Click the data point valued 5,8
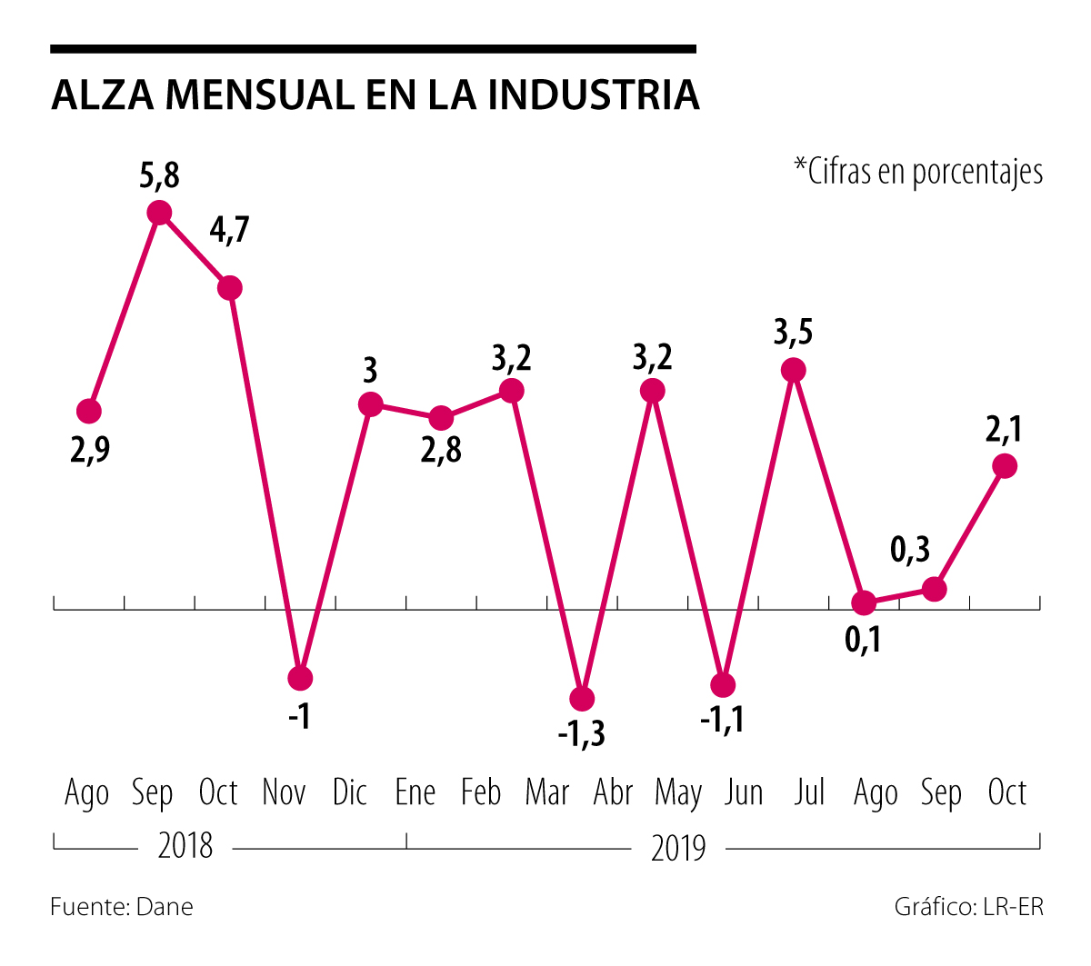tap(159, 213)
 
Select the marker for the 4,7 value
tap(230, 288)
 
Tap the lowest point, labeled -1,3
tap(582, 699)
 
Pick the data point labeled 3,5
tap(794, 370)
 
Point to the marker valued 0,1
tap(864, 603)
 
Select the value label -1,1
tap(723, 721)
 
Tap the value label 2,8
tap(441, 450)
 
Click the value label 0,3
tap(910, 549)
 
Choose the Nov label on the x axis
tap(284, 793)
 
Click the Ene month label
tap(415, 793)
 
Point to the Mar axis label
tap(546, 793)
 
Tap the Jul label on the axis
tap(809, 793)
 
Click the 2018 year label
tap(185, 846)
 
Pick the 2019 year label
tap(678, 848)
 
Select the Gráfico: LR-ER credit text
tap(969, 907)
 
